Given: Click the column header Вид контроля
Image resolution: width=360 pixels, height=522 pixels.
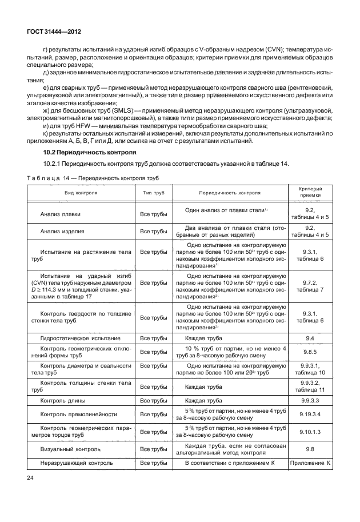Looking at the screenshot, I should pos(80,193).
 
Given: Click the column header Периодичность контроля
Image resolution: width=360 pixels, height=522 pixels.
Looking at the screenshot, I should pos(230,193).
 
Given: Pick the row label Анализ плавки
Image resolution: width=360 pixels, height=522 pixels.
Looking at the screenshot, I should pos(60,214).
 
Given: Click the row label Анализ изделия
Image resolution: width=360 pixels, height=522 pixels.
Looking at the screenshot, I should pos(62,232).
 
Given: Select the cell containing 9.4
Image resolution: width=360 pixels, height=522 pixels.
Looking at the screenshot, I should pos(310,339).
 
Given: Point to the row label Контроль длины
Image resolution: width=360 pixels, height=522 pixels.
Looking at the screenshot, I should pos(65,400).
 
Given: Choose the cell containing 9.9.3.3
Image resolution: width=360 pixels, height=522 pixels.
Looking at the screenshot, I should pos(310,400).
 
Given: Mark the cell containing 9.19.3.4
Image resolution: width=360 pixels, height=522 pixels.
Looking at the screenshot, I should pos(310,414).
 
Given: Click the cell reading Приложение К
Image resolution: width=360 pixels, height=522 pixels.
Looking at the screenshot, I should pos(310,463).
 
